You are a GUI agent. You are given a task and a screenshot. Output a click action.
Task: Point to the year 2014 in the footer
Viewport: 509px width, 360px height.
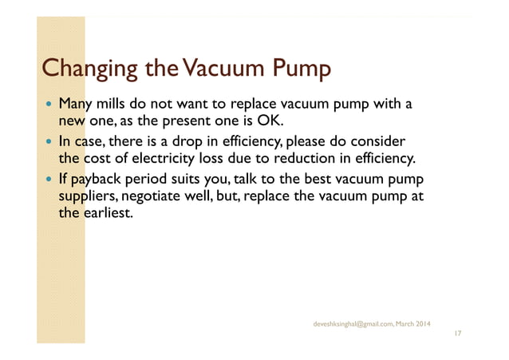click(421, 323)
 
